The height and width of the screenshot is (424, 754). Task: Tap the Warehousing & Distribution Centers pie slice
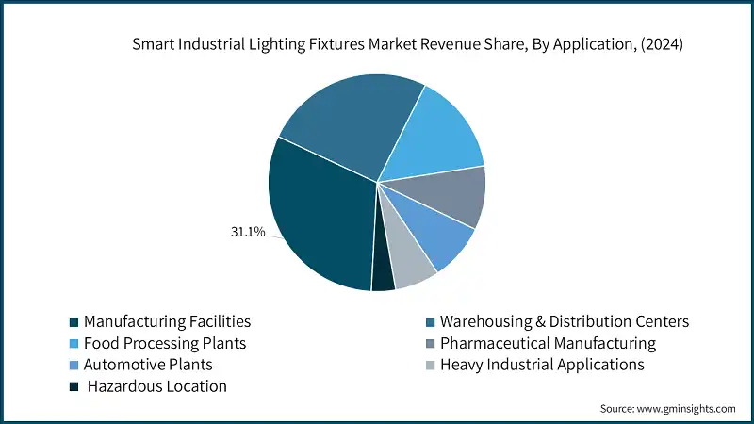click(x=349, y=122)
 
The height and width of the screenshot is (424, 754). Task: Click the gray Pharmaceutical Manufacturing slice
click(x=452, y=196)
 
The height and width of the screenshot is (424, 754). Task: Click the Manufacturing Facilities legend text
click(x=167, y=321)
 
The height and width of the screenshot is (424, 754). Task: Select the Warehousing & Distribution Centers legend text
click(x=565, y=321)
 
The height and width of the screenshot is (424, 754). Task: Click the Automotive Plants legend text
click(x=148, y=364)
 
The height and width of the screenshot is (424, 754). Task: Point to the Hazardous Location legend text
click(x=157, y=385)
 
